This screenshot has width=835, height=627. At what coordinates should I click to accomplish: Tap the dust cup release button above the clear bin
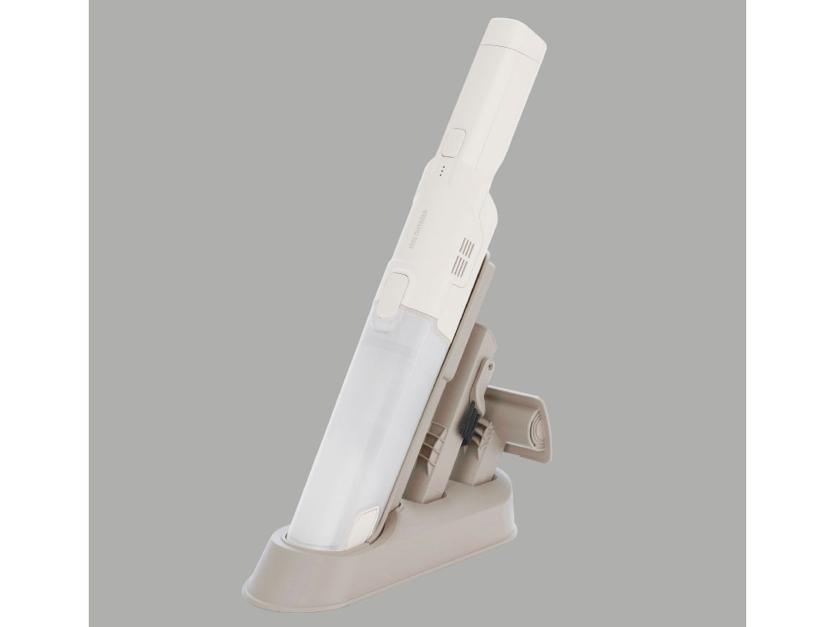pyautogui.click(x=398, y=291)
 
